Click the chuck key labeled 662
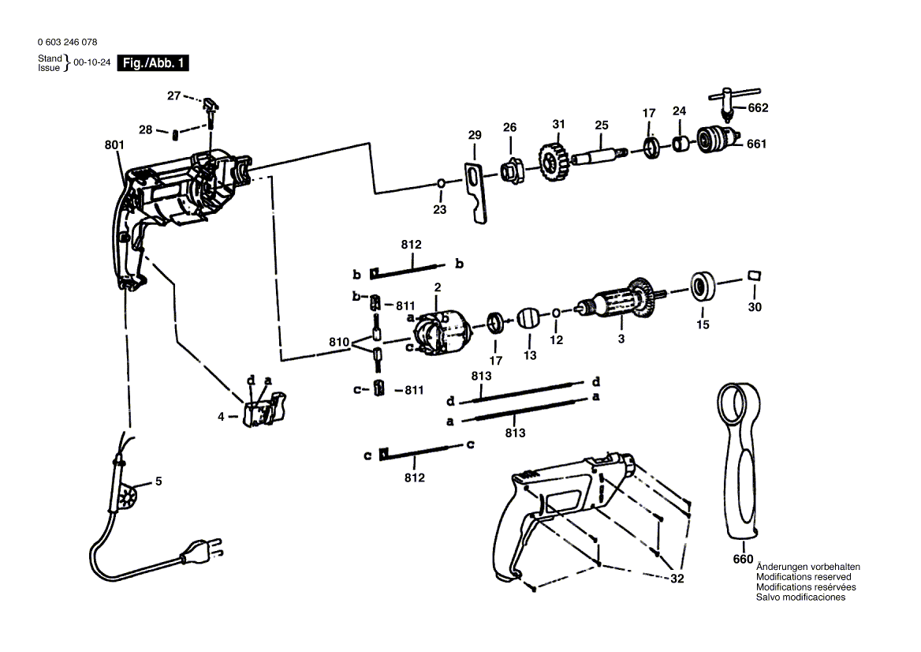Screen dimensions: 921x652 coord(734,103)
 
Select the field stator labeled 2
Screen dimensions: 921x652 coord(441,333)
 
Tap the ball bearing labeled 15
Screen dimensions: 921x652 coord(703,287)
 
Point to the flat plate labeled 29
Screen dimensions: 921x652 coord(476,193)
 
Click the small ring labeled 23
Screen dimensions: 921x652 coord(440,184)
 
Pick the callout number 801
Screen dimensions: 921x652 coord(114,144)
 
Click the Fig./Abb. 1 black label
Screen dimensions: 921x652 coord(153,63)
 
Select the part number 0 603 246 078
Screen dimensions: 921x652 coord(68,42)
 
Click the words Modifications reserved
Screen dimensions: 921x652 coord(803,577)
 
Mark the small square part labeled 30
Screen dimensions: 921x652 coord(754,275)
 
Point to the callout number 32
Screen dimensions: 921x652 coord(677,579)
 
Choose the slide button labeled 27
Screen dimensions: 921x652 coord(211,105)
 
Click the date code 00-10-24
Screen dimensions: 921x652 coord(91,62)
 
